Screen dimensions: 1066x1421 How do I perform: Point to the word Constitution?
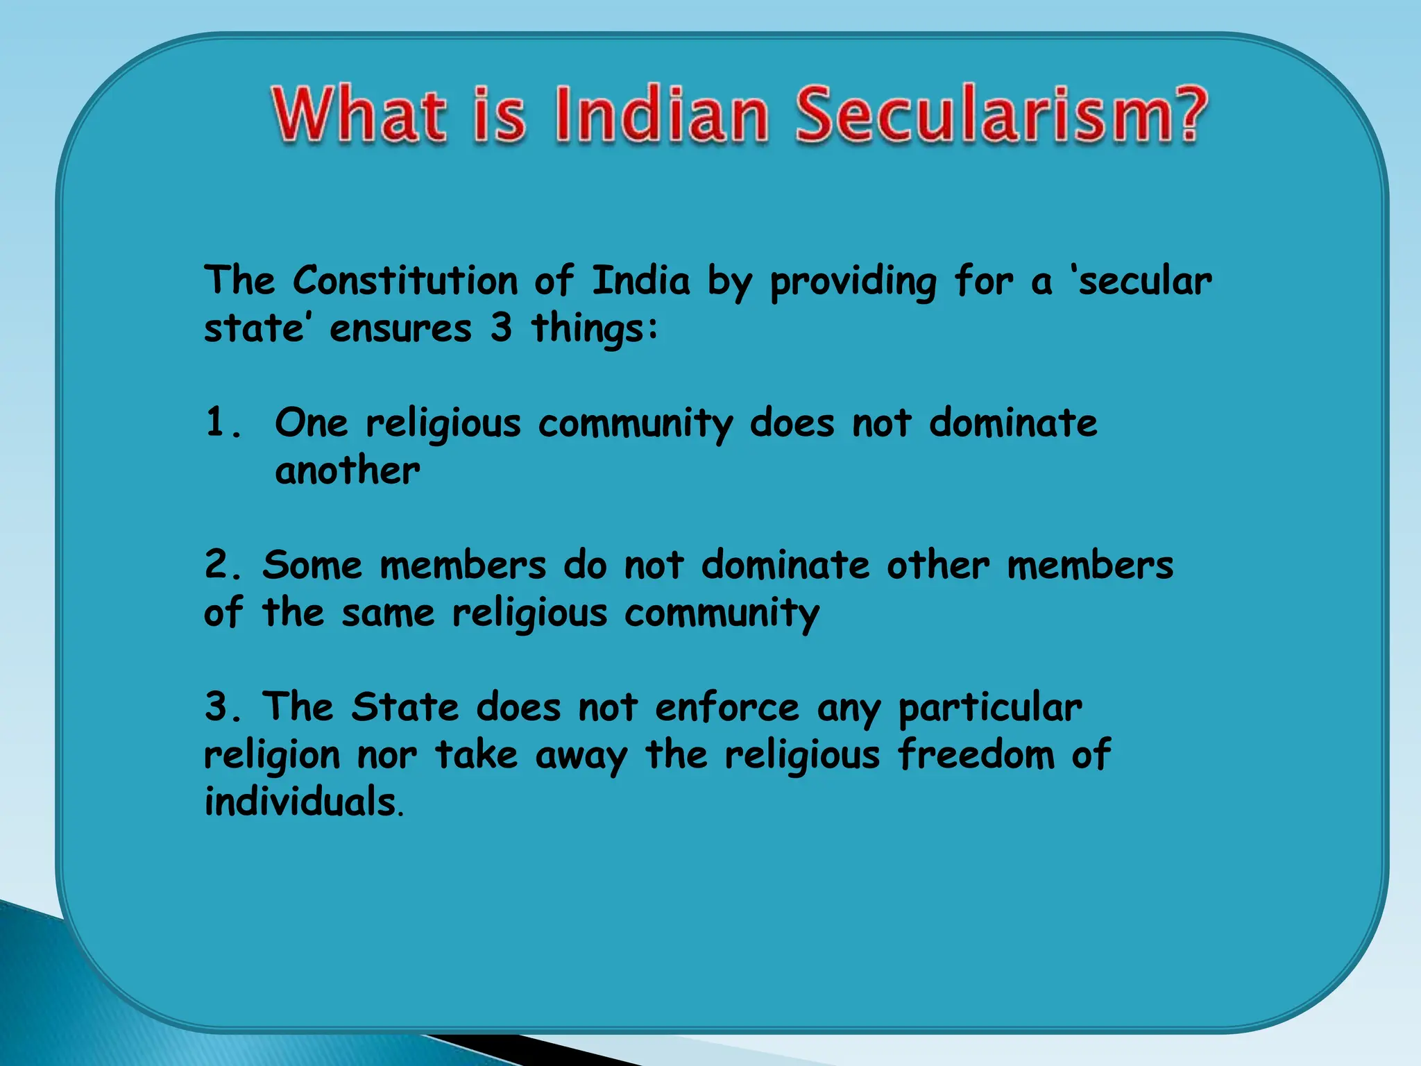405,281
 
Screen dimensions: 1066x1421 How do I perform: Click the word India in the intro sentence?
640,281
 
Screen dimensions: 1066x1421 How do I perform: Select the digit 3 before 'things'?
501,328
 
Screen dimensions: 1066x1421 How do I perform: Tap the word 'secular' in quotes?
1144,281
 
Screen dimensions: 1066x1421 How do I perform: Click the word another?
347,471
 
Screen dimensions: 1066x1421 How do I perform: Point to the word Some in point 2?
312,564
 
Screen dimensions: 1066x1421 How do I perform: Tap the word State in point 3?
405,707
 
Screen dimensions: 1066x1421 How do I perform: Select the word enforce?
727,707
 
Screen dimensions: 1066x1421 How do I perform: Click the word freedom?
976,754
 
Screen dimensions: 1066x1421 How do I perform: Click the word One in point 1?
311,422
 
